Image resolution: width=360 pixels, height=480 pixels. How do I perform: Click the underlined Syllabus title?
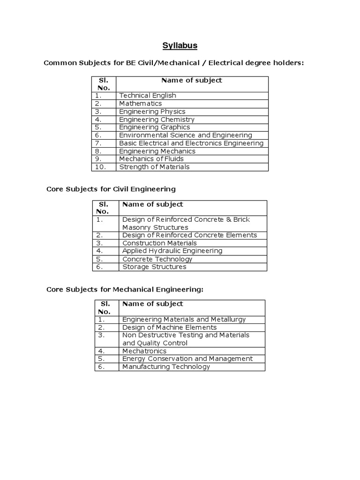click(180, 45)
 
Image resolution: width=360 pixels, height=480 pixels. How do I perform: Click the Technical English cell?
click(147, 96)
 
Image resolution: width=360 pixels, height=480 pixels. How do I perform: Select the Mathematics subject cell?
click(140, 104)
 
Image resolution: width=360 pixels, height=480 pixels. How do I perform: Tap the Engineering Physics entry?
click(152, 112)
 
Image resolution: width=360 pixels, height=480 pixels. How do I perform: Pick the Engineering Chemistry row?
click(157, 120)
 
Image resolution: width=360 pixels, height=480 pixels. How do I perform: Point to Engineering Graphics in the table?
click(154, 127)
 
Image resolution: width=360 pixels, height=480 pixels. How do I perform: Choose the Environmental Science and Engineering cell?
click(185, 135)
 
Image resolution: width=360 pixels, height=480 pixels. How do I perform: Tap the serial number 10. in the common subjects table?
click(101, 167)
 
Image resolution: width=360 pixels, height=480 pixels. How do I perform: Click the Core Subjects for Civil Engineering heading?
click(111, 189)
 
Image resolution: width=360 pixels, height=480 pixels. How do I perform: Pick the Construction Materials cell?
click(159, 243)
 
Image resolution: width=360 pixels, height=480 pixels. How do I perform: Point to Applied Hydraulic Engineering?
click(172, 251)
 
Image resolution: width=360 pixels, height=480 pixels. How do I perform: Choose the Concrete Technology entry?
click(157, 259)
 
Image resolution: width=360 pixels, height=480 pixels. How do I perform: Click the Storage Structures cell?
click(154, 267)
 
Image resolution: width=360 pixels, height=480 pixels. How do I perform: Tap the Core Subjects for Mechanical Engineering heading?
click(125, 290)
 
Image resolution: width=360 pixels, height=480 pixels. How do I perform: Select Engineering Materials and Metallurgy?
click(184, 320)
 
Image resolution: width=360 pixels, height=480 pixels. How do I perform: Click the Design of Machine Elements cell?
click(169, 328)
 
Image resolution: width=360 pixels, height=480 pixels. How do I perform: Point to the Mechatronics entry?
click(144, 351)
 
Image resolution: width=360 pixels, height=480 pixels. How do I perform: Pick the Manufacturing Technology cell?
click(166, 367)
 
